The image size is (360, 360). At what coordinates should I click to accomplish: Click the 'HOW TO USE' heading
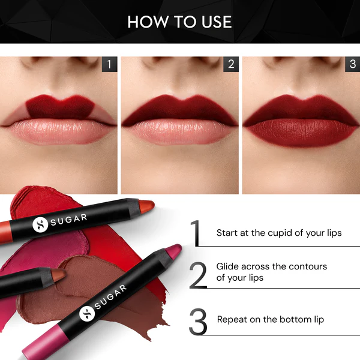[x=179, y=22]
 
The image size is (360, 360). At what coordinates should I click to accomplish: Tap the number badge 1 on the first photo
[x=109, y=64]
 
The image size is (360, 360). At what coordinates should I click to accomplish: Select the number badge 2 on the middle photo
[x=230, y=64]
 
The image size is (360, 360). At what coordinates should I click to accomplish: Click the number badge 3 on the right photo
[x=352, y=64]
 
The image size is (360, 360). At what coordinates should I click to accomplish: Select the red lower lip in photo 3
[x=301, y=133]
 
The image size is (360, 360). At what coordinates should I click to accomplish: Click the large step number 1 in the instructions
[x=196, y=233]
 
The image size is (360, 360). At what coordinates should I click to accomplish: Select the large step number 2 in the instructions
[x=198, y=275]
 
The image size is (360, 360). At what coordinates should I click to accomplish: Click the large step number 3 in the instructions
[x=198, y=321]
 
